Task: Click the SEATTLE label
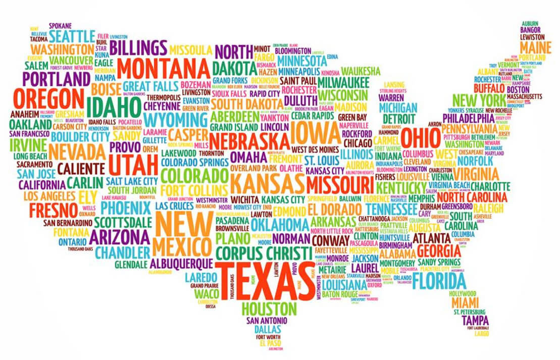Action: (x=72, y=36)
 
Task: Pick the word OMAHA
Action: (x=247, y=156)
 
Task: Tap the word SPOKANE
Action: (x=60, y=26)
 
